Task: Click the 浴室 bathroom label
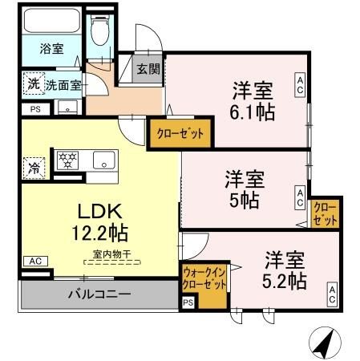coord(52,49)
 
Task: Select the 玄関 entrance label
coord(148,70)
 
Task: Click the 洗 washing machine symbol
coord(33,83)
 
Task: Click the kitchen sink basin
coord(104,159)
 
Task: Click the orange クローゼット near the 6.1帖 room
coord(180,133)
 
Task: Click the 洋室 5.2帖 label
coord(285,270)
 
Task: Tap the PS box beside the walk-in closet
coord(188,302)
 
